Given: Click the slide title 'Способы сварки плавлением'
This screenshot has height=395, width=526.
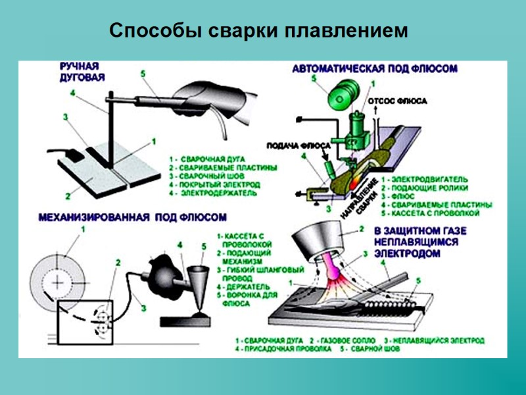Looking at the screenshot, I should tap(258, 31).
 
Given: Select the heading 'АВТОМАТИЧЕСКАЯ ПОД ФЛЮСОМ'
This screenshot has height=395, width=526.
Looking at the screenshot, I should tap(374, 68).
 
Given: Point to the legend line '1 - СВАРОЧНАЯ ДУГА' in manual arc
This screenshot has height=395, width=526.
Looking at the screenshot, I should tap(207, 159).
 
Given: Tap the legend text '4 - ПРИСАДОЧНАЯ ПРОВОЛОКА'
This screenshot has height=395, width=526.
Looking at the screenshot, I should tap(283, 349).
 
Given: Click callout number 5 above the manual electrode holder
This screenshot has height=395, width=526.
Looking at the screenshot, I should tap(143, 73).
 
